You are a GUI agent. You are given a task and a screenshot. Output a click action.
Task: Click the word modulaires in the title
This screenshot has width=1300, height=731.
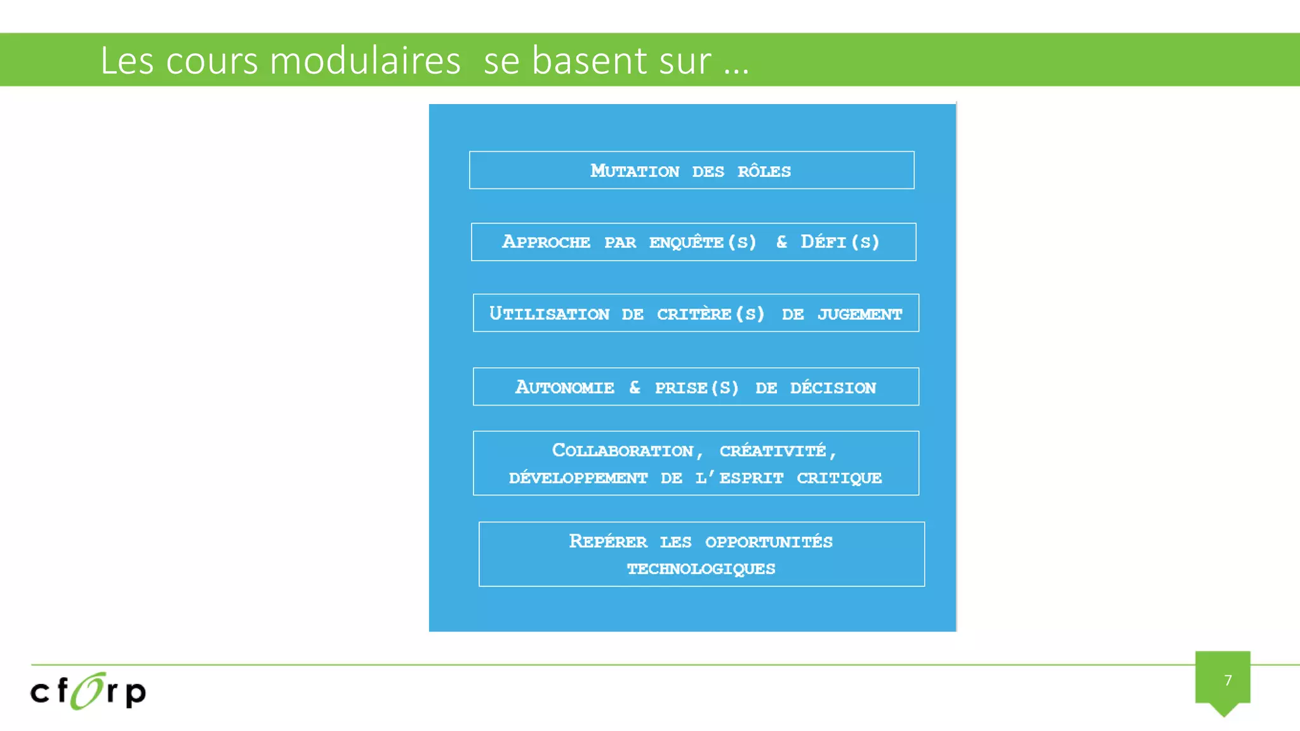(365, 61)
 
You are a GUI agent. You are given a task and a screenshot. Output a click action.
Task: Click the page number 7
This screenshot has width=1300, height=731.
(1228, 680)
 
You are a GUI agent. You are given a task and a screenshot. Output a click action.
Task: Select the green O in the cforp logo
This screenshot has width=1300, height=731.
(88, 690)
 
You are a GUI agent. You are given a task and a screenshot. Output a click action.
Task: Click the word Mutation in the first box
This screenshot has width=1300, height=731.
(635, 171)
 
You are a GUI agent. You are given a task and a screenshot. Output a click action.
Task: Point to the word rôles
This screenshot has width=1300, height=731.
(764, 171)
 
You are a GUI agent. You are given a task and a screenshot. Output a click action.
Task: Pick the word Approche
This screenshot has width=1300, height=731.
(546, 242)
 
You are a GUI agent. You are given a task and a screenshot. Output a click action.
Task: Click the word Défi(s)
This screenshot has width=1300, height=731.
(840, 242)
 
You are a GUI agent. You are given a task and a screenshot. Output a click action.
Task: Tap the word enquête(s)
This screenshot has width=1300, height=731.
(703, 242)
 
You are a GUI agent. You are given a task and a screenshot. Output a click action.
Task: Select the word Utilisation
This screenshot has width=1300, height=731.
(549, 313)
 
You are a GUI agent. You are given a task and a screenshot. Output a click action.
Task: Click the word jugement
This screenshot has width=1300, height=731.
(859, 314)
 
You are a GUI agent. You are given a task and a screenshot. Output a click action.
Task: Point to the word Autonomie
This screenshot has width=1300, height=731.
(564, 387)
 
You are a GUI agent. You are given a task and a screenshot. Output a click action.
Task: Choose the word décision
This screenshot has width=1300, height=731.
(833, 388)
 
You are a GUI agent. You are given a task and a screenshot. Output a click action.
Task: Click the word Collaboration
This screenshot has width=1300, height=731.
(623, 451)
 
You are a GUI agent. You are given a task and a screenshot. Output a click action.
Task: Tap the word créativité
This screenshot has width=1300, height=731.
(773, 451)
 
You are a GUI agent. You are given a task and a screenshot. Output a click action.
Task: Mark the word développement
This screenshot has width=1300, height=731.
(578, 478)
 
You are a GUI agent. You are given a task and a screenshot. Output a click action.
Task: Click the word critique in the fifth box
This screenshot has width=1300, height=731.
(839, 478)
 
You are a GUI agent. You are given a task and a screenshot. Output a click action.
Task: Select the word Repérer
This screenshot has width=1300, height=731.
(608, 541)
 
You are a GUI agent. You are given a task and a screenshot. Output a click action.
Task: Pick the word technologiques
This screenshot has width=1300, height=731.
(701, 569)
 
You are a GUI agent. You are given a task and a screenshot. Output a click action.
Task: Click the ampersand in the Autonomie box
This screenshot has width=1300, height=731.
(635, 387)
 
